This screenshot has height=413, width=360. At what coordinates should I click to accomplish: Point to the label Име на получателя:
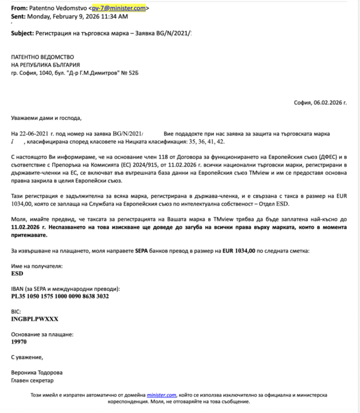click(x=37, y=266)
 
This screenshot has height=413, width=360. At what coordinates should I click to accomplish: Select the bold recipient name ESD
click(x=17, y=274)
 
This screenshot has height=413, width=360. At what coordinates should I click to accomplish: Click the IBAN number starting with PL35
click(x=60, y=296)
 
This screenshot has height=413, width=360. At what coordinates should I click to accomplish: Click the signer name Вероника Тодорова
click(x=37, y=371)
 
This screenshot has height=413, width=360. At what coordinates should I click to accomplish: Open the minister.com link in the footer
click(x=161, y=395)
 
